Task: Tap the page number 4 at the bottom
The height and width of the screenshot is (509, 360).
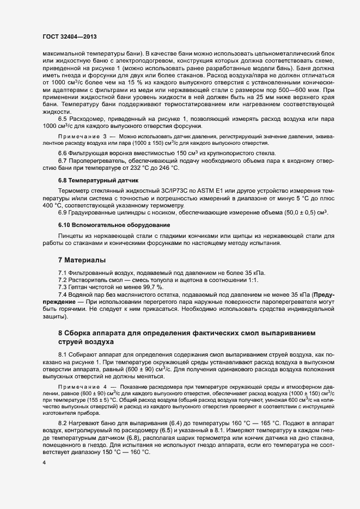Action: [44, 463]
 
